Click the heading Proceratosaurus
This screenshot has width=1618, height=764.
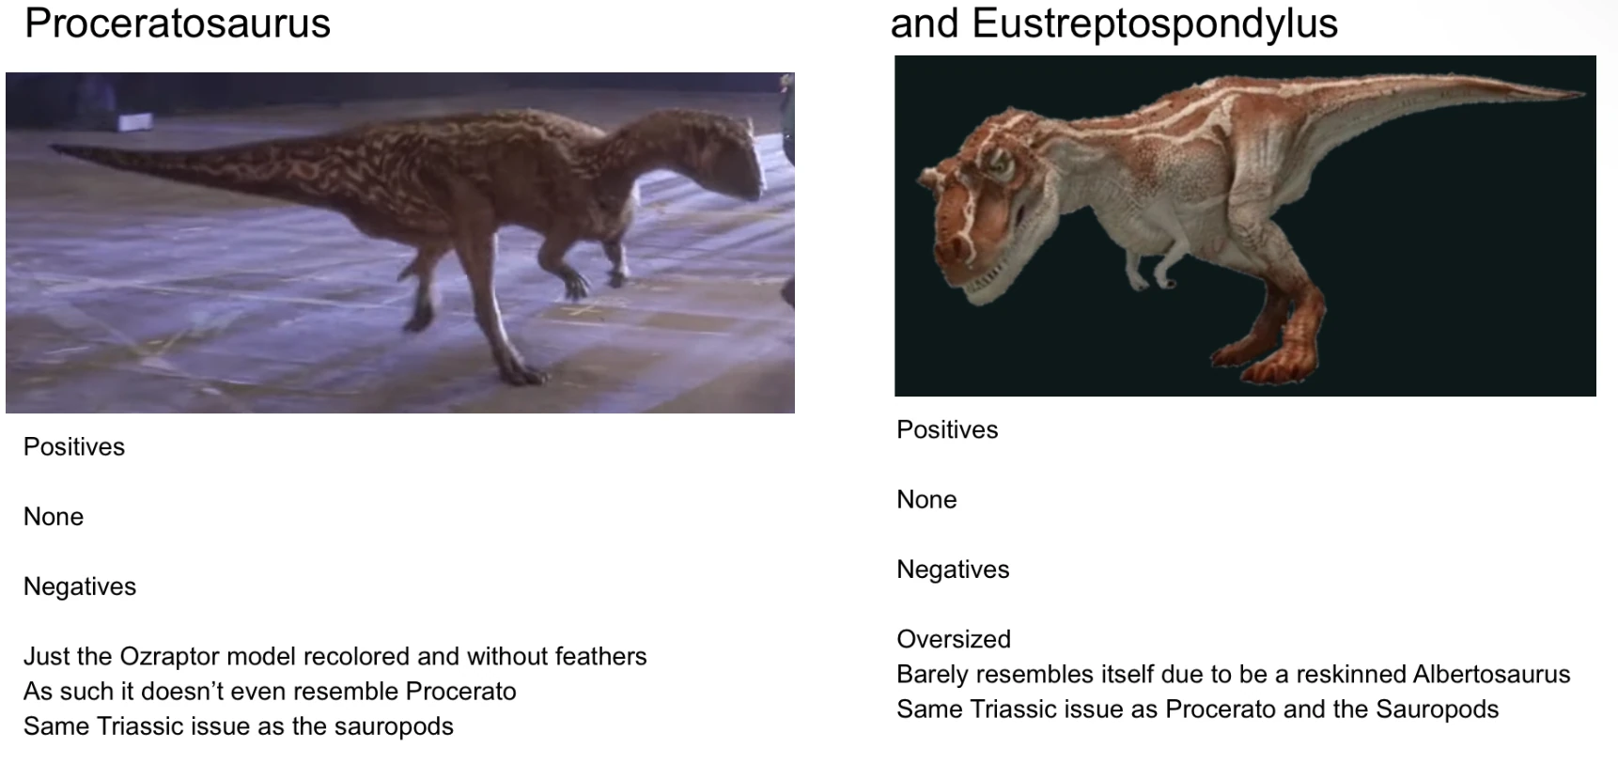click(178, 23)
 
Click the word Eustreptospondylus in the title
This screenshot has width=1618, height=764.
click(1155, 23)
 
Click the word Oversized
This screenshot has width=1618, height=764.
click(954, 639)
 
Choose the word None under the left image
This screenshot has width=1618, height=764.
click(54, 517)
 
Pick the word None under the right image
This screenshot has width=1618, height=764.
click(926, 500)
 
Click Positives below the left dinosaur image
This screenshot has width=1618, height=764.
click(74, 446)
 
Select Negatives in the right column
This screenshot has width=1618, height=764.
click(953, 569)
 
